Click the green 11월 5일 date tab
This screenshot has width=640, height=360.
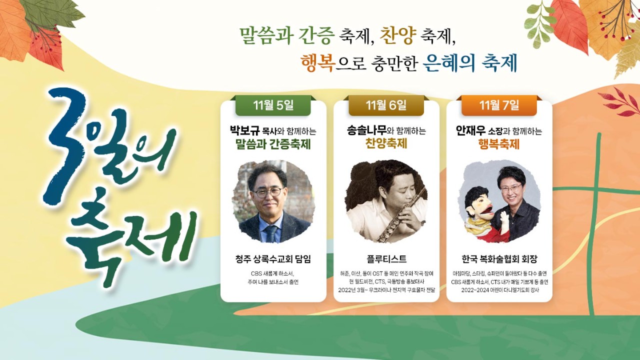click(273, 105)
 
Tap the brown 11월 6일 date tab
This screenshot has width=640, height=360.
click(386, 105)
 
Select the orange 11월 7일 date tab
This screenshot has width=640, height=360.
click(499, 105)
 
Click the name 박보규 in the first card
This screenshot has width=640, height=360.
click(245, 131)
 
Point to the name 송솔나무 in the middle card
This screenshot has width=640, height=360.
click(366, 130)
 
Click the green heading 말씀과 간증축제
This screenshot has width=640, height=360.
click(273, 144)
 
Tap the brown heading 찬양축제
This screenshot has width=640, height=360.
click(386, 143)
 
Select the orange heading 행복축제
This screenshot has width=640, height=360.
click(499, 144)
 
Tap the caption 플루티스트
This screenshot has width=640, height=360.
click(386, 259)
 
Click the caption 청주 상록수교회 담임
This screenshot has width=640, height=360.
click(273, 259)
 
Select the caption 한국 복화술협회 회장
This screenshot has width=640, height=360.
click(499, 259)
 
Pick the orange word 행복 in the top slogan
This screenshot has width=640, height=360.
click(317, 63)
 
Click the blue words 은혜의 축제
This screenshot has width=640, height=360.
click(469, 63)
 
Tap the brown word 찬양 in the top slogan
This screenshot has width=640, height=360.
click(397, 35)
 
